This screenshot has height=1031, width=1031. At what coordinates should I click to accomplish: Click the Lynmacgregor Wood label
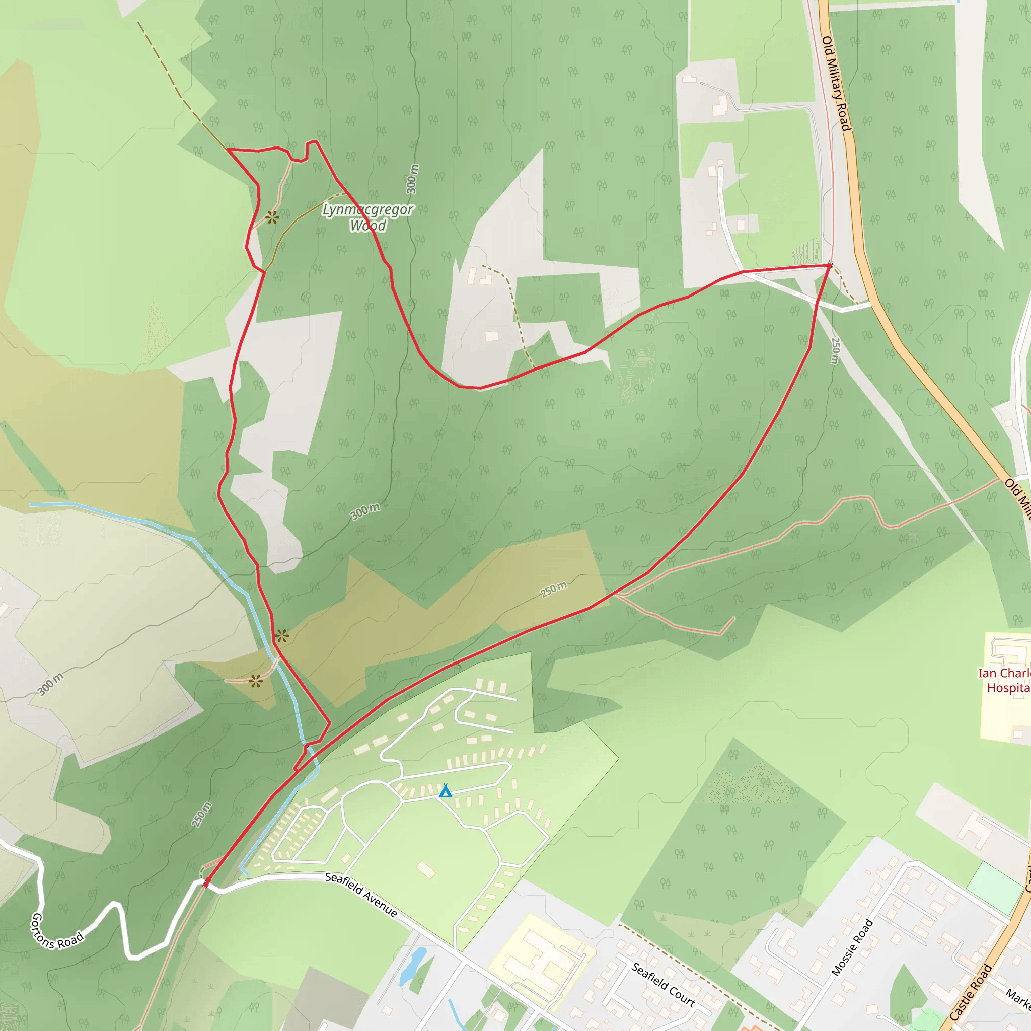[x=367, y=217]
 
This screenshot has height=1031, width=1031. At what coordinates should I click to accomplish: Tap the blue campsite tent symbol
[x=445, y=791]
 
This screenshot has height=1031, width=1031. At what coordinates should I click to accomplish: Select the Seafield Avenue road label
[x=361, y=895]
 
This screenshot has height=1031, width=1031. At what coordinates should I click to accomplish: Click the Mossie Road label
[x=852, y=947]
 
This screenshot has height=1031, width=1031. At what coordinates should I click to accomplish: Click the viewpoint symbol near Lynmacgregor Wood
[x=272, y=217]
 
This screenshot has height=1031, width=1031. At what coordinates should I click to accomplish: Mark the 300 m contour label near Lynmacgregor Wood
[x=412, y=179]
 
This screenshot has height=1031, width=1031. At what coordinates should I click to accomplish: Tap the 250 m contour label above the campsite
[x=553, y=589]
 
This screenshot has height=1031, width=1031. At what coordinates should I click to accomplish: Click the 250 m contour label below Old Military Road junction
[x=836, y=350]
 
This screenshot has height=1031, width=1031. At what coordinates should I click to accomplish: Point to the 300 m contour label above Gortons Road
[x=51, y=684]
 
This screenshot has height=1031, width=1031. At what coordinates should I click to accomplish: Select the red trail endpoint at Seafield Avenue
[x=206, y=883]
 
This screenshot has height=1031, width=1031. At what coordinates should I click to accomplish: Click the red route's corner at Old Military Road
[x=829, y=265]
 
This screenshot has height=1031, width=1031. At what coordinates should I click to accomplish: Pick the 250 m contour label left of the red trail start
[x=202, y=815]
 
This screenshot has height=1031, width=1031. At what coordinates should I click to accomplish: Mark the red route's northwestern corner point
[x=229, y=150]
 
